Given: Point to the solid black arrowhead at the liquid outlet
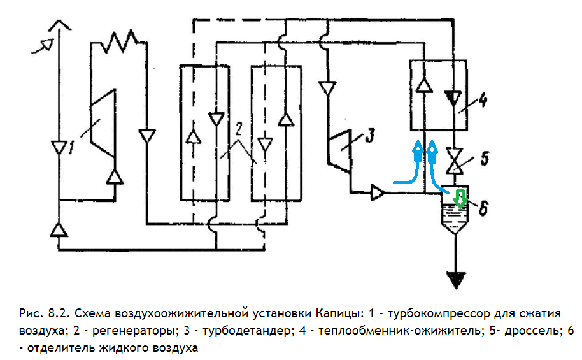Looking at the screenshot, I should [x=455, y=279].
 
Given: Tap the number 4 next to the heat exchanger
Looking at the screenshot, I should [x=483, y=99].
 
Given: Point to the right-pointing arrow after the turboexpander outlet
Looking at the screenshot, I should [x=378, y=192].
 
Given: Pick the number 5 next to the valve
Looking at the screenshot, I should [x=485, y=159].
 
